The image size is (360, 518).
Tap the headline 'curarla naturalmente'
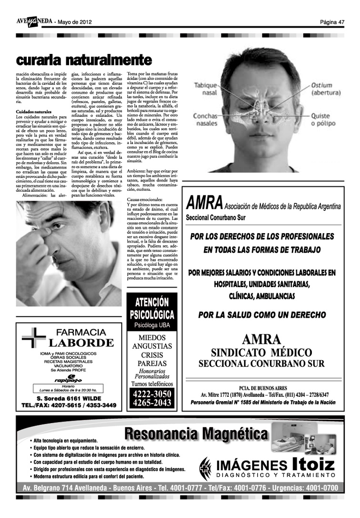pos(83,60)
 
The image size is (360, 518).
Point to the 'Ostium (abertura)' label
pos(326,89)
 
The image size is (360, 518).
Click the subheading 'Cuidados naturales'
pos(34,111)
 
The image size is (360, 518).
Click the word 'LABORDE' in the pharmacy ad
pos(82,343)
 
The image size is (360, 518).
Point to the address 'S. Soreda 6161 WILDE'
pos(69,399)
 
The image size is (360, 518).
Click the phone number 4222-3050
pos(152,394)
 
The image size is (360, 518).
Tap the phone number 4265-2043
pos(152,403)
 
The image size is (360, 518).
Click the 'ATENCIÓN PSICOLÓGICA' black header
pos(152,308)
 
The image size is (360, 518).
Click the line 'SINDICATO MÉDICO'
pos(261,353)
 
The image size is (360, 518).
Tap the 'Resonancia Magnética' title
pos(196,435)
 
